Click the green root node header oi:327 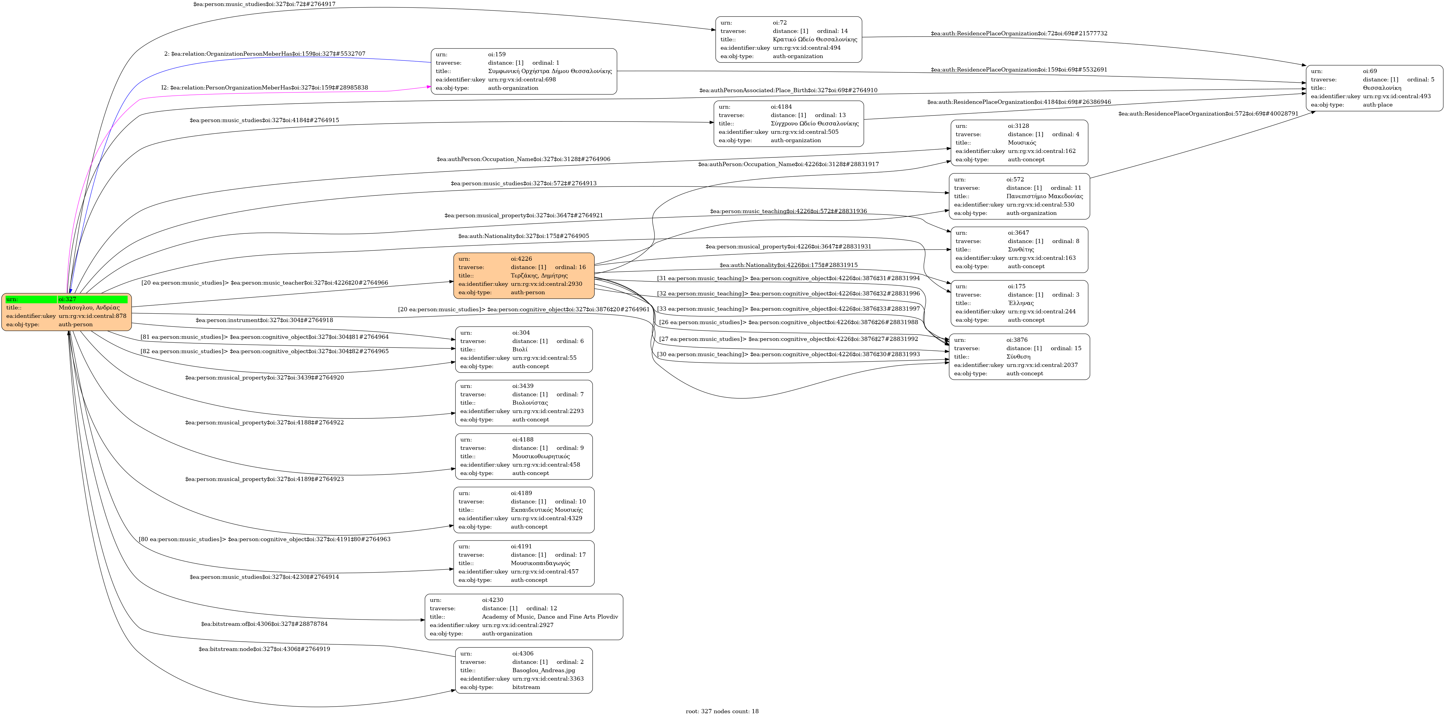tap(66, 299)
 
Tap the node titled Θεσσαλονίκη tap(1374, 88)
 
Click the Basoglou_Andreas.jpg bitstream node tap(523, 670)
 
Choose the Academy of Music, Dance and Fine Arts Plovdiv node tap(523, 617)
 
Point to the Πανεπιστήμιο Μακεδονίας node tap(1019, 196)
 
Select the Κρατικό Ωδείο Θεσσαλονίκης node tap(788, 39)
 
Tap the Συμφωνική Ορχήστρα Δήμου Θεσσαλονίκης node tap(523, 71)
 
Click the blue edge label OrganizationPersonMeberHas tap(265, 54)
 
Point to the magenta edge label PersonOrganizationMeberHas tap(265, 88)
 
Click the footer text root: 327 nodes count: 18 tap(722, 711)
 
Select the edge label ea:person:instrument tap(264, 320)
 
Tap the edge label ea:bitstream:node tap(264, 649)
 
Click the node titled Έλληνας tap(1019, 303)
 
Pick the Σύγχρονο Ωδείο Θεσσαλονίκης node tap(788, 124)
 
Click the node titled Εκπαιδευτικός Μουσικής tap(523, 510)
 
